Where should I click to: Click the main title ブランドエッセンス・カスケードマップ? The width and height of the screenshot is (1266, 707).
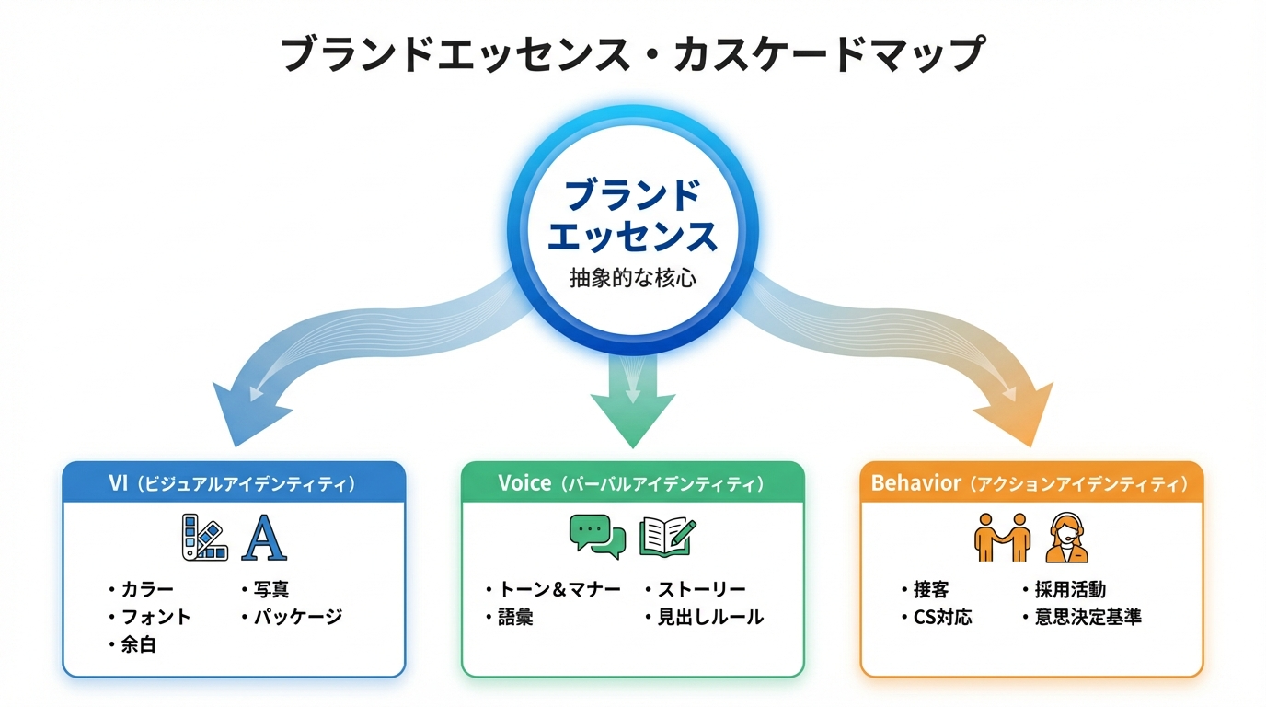[632, 54]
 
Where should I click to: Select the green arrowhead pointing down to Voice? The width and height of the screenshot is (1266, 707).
[632, 414]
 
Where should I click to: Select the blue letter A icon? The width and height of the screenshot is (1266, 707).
[263, 539]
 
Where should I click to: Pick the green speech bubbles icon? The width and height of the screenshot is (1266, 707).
[597, 535]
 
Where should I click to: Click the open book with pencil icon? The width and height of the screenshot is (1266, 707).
[667, 535]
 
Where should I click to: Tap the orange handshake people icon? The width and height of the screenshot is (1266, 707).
[1001, 538]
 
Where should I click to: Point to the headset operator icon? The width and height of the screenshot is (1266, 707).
[1067, 539]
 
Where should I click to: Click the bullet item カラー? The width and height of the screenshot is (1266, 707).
[146, 589]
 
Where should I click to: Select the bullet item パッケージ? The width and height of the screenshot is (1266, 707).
[296, 617]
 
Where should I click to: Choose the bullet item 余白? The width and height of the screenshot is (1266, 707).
[138, 644]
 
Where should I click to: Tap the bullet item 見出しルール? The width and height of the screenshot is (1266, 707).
[709, 617]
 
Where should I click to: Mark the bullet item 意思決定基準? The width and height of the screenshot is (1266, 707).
[1088, 617]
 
